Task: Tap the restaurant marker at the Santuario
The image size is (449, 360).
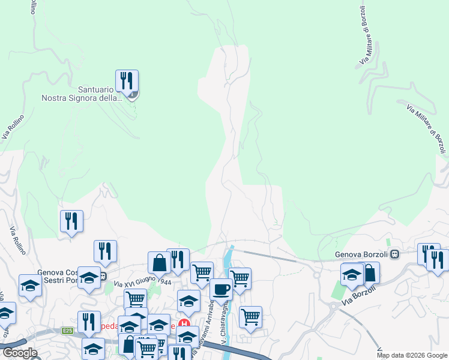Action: (127, 81)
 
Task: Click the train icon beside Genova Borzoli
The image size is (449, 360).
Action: (394, 254)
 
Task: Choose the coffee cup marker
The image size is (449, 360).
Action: (221, 289)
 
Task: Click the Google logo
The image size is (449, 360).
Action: (20, 353)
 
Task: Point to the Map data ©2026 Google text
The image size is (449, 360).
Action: (412, 355)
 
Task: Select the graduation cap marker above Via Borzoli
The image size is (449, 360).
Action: (352, 275)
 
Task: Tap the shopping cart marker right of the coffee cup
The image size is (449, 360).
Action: (240, 278)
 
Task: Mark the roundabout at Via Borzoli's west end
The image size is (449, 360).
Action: (317, 276)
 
